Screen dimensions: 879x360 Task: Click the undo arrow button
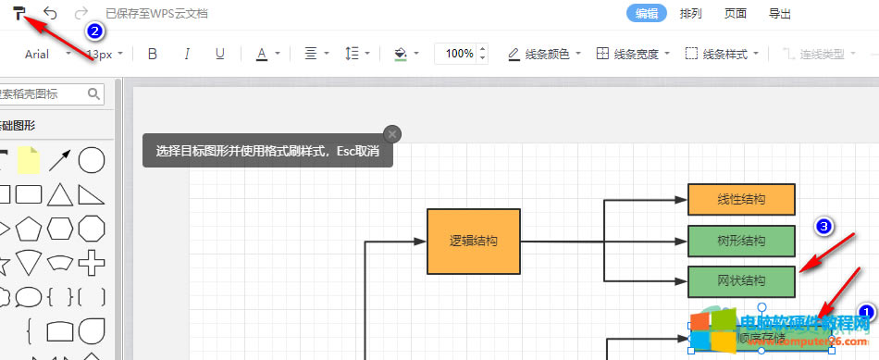[x=50, y=14]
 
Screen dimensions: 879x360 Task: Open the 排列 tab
[x=691, y=14]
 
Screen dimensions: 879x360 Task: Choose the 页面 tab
[x=736, y=14]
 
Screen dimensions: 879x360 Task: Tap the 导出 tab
[x=780, y=14]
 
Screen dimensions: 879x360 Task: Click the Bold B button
[x=153, y=54]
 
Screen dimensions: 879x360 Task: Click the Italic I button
[x=186, y=54]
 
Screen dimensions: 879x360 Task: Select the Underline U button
[x=219, y=54]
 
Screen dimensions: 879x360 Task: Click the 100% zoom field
[x=458, y=54]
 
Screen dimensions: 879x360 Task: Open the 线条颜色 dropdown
[x=545, y=54]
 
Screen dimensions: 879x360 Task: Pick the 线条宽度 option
[x=633, y=54]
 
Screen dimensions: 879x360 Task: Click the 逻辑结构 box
[x=474, y=242]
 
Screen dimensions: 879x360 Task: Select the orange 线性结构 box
[x=741, y=199]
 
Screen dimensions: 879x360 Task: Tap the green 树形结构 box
[x=741, y=241]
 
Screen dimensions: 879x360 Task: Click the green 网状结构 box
[x=741, y=281]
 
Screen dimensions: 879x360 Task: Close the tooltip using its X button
[x=391, y=134]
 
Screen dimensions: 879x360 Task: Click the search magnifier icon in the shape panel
[x=93, y=93]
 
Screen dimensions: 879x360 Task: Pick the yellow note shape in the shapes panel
[x=30, y=160]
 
